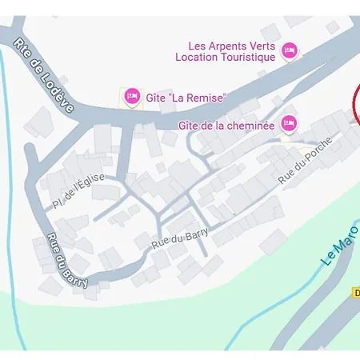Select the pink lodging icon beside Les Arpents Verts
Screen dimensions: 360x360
click(290, 50)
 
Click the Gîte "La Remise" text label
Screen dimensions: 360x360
click(186, 98)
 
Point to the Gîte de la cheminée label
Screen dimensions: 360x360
click(226, 124)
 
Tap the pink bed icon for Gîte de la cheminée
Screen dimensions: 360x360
click(289, 123)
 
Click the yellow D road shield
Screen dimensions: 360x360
click(355, 293)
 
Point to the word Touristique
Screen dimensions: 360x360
click(248, 57)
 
